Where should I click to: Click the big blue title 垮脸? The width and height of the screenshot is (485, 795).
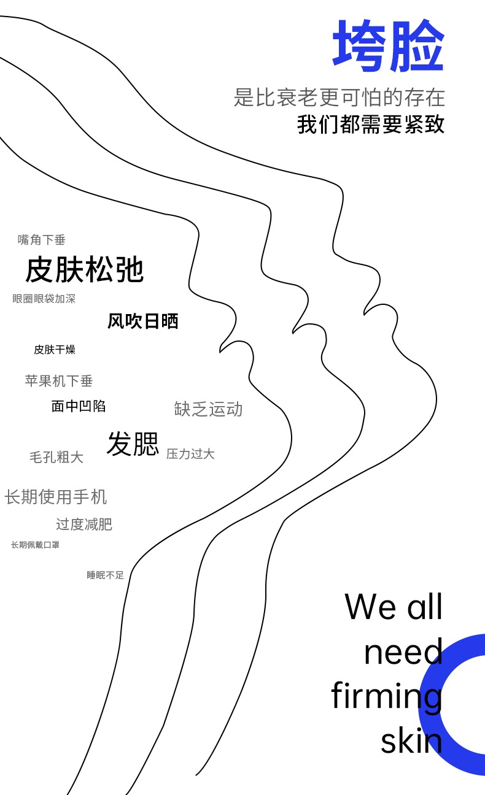coord(388,47)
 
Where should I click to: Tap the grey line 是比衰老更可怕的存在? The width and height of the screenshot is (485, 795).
coord(339,98)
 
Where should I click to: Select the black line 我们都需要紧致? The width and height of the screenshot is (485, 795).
coord(371,124)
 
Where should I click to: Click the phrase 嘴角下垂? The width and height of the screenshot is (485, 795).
coord(42,240)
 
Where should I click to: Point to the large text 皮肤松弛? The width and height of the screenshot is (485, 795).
coord(85,269)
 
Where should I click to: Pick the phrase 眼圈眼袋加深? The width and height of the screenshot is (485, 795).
coord(44,299)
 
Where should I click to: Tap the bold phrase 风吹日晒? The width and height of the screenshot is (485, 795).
coord(143,321)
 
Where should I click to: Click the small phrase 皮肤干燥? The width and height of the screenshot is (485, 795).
coord(55,350)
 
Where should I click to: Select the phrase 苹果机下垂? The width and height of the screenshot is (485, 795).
coord(59,381)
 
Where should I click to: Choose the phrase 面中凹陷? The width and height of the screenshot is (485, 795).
coord(79,405)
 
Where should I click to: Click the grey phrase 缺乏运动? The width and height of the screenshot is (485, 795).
coord(209,409)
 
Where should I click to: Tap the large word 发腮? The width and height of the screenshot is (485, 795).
coord(133,444)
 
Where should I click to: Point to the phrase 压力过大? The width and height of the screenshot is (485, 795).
coord(190,454)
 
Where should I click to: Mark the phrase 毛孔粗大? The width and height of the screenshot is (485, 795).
coord(56,457)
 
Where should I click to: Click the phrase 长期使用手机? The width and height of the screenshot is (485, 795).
coord(56,496)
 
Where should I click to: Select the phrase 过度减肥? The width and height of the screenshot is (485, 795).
coord(84,524)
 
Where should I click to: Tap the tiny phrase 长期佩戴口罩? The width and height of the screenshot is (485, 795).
coord(35,545)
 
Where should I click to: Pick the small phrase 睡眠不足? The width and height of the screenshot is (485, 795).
coord(106,575)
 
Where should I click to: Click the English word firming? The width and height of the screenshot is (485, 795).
coord(387,697)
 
